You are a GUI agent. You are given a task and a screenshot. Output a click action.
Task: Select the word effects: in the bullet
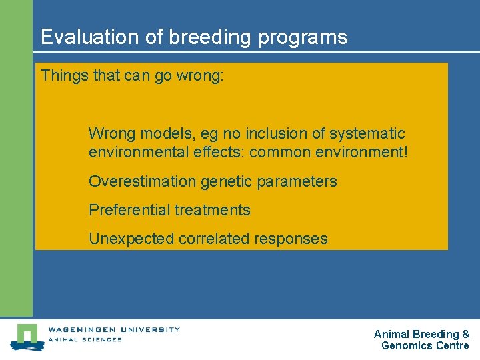(x=217, y=152)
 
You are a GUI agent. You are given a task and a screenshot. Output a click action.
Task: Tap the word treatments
(x=213, y=210)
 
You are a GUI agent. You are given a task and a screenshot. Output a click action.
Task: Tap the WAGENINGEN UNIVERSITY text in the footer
(x=114, y=329)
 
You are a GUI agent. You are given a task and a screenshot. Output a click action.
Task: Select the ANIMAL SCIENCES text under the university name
(x=85, y=339)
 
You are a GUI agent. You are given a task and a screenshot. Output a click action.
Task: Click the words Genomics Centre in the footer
(x=425, y=345)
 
